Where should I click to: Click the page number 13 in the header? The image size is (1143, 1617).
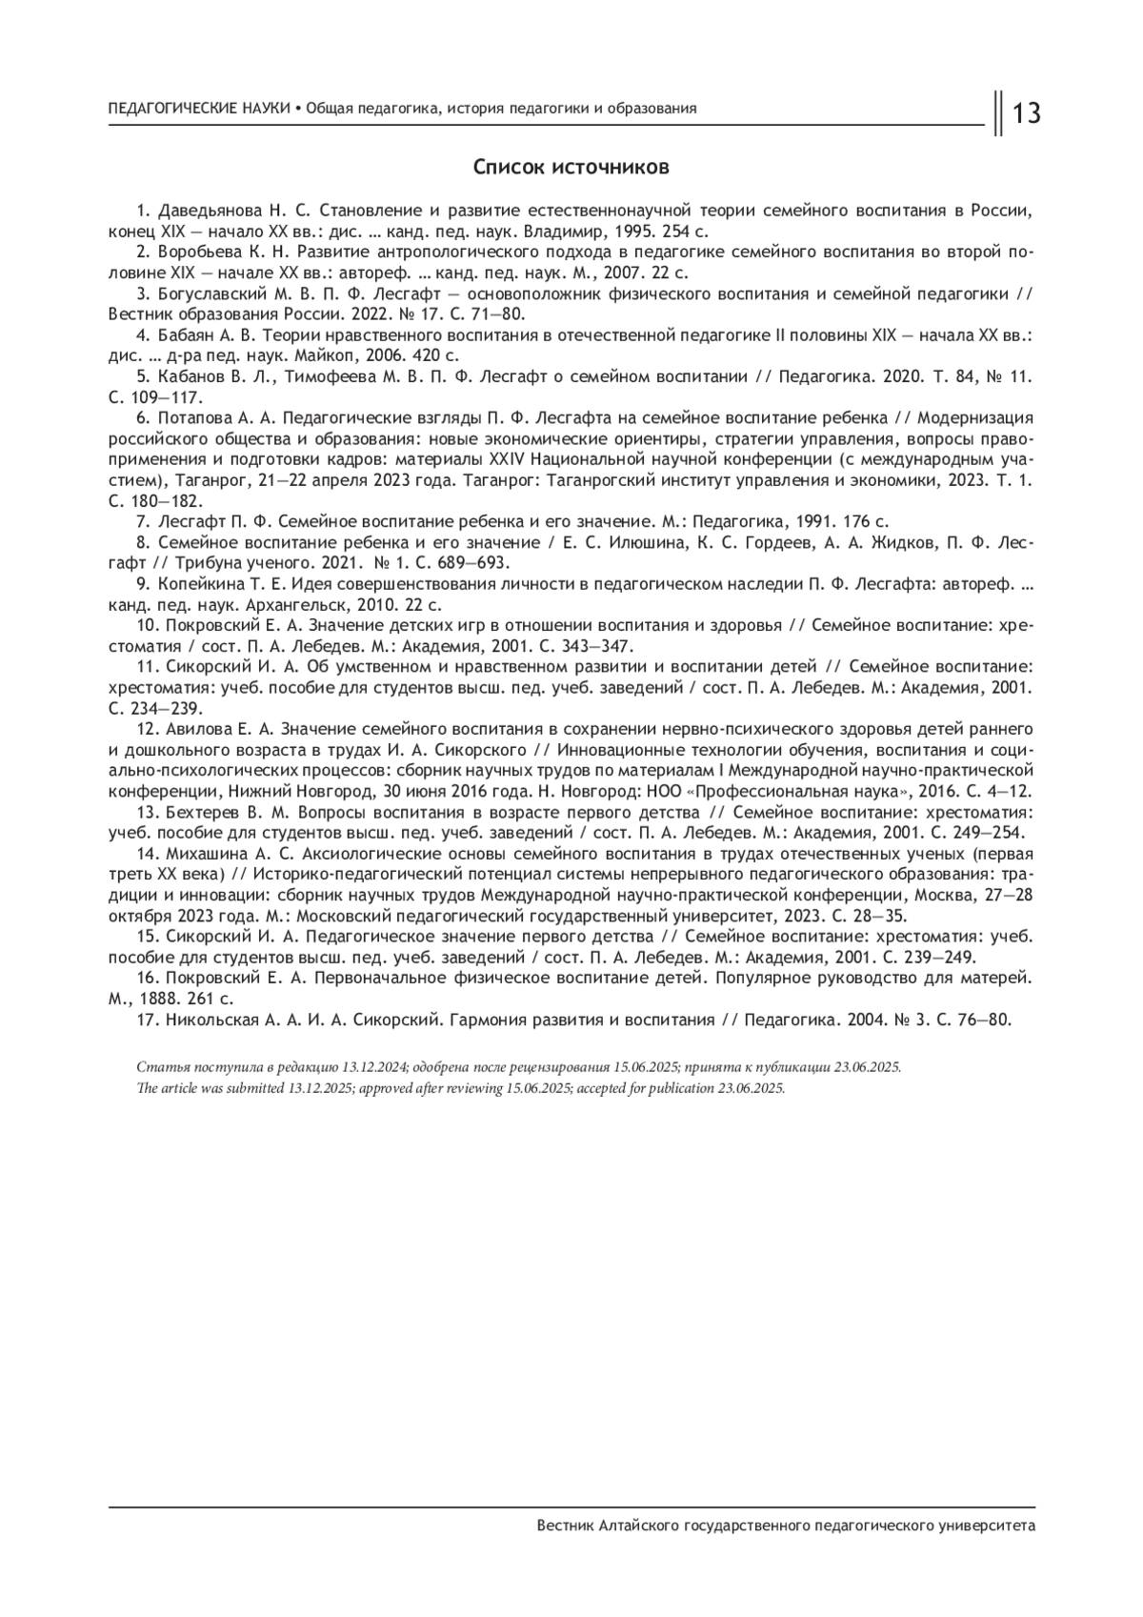1027,114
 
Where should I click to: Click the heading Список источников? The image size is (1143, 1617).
571,168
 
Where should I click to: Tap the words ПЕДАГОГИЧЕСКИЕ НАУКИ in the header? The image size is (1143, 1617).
200,109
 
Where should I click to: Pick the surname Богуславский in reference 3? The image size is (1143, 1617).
211,293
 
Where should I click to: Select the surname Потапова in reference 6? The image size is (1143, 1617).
196,418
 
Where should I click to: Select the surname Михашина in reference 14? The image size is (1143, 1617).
201,854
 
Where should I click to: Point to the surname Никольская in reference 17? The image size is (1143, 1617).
211,1020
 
